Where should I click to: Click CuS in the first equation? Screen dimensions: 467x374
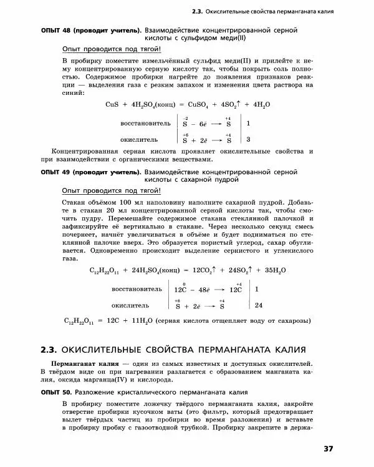click(x=113, y=104)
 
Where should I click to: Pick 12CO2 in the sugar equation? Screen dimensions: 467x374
click(x=204, y=270)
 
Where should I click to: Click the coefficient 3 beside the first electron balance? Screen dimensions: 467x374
click(x=249, y=139)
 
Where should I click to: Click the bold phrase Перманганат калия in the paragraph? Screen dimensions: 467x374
click(x=85, y=363)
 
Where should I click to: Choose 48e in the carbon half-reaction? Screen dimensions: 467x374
click(x=206, y=290)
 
